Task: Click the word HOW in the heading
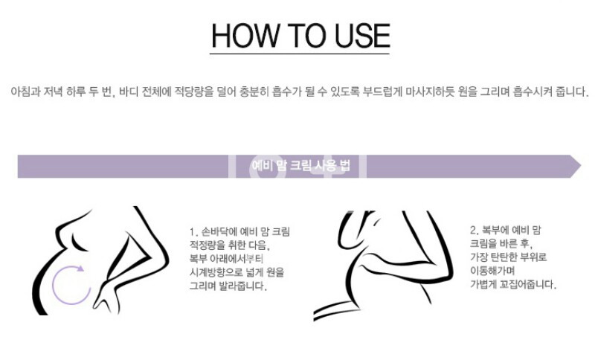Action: pos(245,36)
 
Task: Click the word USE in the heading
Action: pos(362,36)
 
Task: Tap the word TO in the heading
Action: pos(306,36)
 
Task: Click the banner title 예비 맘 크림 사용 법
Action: pos(300,166)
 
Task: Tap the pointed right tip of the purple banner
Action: pos(581,166)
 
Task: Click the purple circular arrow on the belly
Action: pos(54,285)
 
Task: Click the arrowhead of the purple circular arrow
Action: pos(80,269)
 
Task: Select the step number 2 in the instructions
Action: pos(474,230)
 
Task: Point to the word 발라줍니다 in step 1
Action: pos(244,286)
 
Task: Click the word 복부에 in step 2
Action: pos(495,230)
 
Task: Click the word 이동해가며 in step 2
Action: pos(492,271)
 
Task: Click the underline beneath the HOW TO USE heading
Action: pos(300,54)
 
